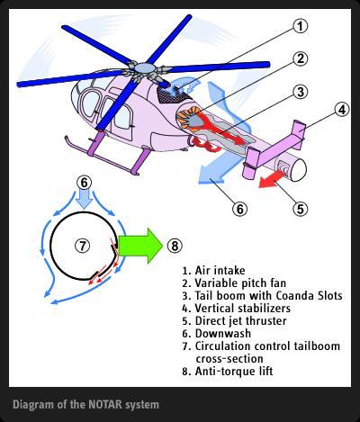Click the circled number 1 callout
click(x=300, y=26)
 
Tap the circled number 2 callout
click(x=300, y=58)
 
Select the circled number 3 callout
click(x=300, y=92)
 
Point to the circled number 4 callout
click(x=341, y=110)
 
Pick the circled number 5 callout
click(x=301, y=209)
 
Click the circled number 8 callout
click(x=175, y=246)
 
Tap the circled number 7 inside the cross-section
click(x=82, y=246)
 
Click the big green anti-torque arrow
click(x=140, y=246)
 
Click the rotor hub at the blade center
click(x=142, y=68)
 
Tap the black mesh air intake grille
click(x=173, y=94)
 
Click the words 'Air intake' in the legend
click(x=220, y=270)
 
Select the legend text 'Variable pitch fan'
click(x=240, y=283)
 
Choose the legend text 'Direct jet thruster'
click(x=240, y=320)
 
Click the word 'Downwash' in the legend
click(x=223, y=333)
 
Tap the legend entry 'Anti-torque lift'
click(x=234, y=371)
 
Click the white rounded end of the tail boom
click(x=297, y=169)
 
